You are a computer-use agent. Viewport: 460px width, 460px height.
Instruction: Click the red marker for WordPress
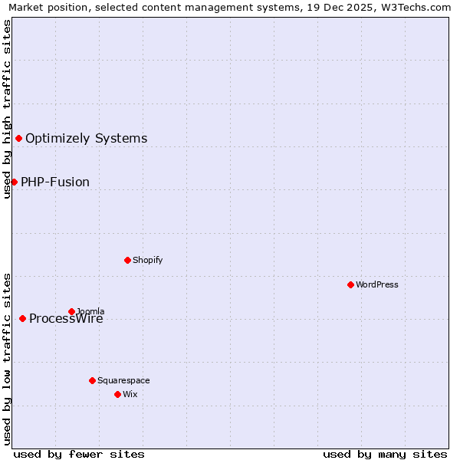tap(350, 284)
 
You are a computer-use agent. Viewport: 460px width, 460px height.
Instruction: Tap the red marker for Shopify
tap(127, 260)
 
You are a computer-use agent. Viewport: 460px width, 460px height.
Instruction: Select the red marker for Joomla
tap(71, 311)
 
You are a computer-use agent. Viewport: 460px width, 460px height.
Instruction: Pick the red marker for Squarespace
tap(92, 380)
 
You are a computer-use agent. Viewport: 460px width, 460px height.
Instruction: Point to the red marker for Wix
tap(117, 394)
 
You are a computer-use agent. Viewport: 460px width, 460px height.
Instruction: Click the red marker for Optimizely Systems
tap(18, 138)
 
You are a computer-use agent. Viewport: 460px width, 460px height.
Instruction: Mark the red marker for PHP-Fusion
tap(14, 182)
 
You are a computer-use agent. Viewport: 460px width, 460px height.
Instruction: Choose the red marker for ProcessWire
tap(22, 318)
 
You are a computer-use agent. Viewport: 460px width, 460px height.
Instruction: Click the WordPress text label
tap(376, 284)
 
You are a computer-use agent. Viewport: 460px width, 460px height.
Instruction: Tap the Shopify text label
tap(147, 260)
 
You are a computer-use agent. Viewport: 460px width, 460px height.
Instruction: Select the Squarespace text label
tap(123, 380)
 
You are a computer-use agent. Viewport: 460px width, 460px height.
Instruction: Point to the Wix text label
tap(130, 394)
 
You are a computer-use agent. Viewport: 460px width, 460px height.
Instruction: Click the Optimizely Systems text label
tap(86, 138)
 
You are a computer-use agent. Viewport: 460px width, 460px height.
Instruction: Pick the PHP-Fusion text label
tap(55, 182)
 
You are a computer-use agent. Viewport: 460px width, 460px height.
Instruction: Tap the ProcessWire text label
tap(66, 319)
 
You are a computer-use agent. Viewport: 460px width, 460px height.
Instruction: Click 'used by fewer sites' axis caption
tap(79, 454)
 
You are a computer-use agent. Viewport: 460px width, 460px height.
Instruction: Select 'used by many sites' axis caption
tap(385, 454)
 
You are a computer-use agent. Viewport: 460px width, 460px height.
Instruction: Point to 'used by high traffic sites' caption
tap(7, 109)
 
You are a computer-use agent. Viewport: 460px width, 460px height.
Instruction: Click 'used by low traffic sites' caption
tap(7, 358)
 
